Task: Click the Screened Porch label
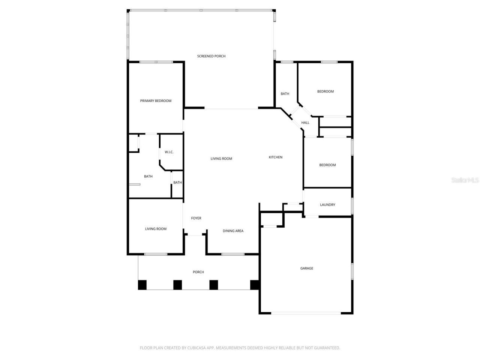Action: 211,56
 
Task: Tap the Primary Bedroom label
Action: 156,101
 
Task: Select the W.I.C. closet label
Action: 169,152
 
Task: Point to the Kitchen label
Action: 276,157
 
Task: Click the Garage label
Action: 306,268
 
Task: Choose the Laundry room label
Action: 327,205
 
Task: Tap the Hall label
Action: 305,123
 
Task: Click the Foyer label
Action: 196,218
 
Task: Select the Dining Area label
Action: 233,231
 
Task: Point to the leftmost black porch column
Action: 142,285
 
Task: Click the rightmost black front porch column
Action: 255,285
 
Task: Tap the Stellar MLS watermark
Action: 465,180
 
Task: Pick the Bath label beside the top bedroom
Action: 285,94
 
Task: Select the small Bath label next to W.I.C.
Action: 177,183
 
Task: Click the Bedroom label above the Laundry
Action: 327,165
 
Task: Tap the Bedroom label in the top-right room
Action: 325,91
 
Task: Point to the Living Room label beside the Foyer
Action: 156,229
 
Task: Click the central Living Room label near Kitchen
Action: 221,159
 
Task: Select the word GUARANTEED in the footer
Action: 327,348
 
